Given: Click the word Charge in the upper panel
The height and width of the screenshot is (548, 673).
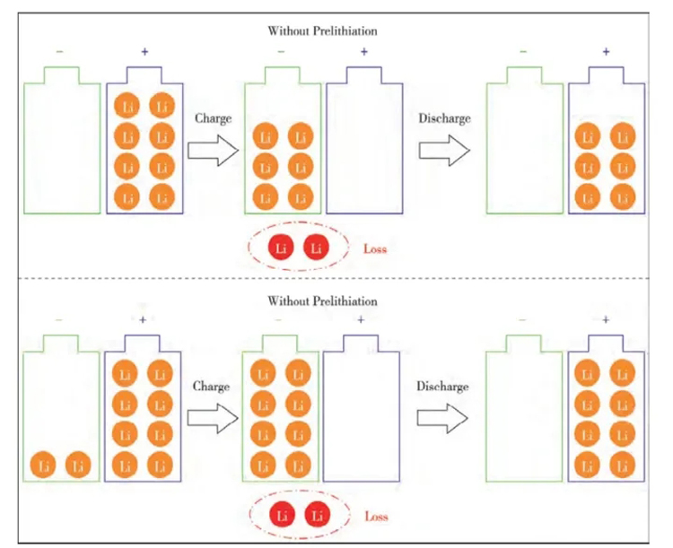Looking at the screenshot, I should click(x=213, y=117).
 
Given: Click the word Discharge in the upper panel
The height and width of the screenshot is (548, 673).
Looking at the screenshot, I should click(x=444, y=117).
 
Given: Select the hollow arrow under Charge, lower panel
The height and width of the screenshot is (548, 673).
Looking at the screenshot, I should click(x=213, y=417).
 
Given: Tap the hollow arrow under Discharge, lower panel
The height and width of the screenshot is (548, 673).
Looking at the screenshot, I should click(x=444, y=417).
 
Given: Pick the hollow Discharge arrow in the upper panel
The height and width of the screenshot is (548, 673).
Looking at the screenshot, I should click(x=446, y=148).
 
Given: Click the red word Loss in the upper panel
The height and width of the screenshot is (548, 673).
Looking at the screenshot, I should click(x=375, y=248).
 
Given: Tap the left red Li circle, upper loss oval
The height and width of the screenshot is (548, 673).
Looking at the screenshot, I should click(x=284, y=248).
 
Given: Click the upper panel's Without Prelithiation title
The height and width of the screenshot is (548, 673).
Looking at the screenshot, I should click(x=322, y=31).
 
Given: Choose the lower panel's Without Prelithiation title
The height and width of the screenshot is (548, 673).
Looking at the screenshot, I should click(x=322, y=301).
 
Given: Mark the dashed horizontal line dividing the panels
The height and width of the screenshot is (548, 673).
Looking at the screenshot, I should click(x=336, y=279).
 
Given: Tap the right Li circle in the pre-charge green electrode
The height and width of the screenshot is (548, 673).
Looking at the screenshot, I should click(x=79, y=465).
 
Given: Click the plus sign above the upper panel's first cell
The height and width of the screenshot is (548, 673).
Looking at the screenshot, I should click(x=144, y=52).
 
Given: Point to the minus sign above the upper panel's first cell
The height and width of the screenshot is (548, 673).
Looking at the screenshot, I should click(x=60, y=52).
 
